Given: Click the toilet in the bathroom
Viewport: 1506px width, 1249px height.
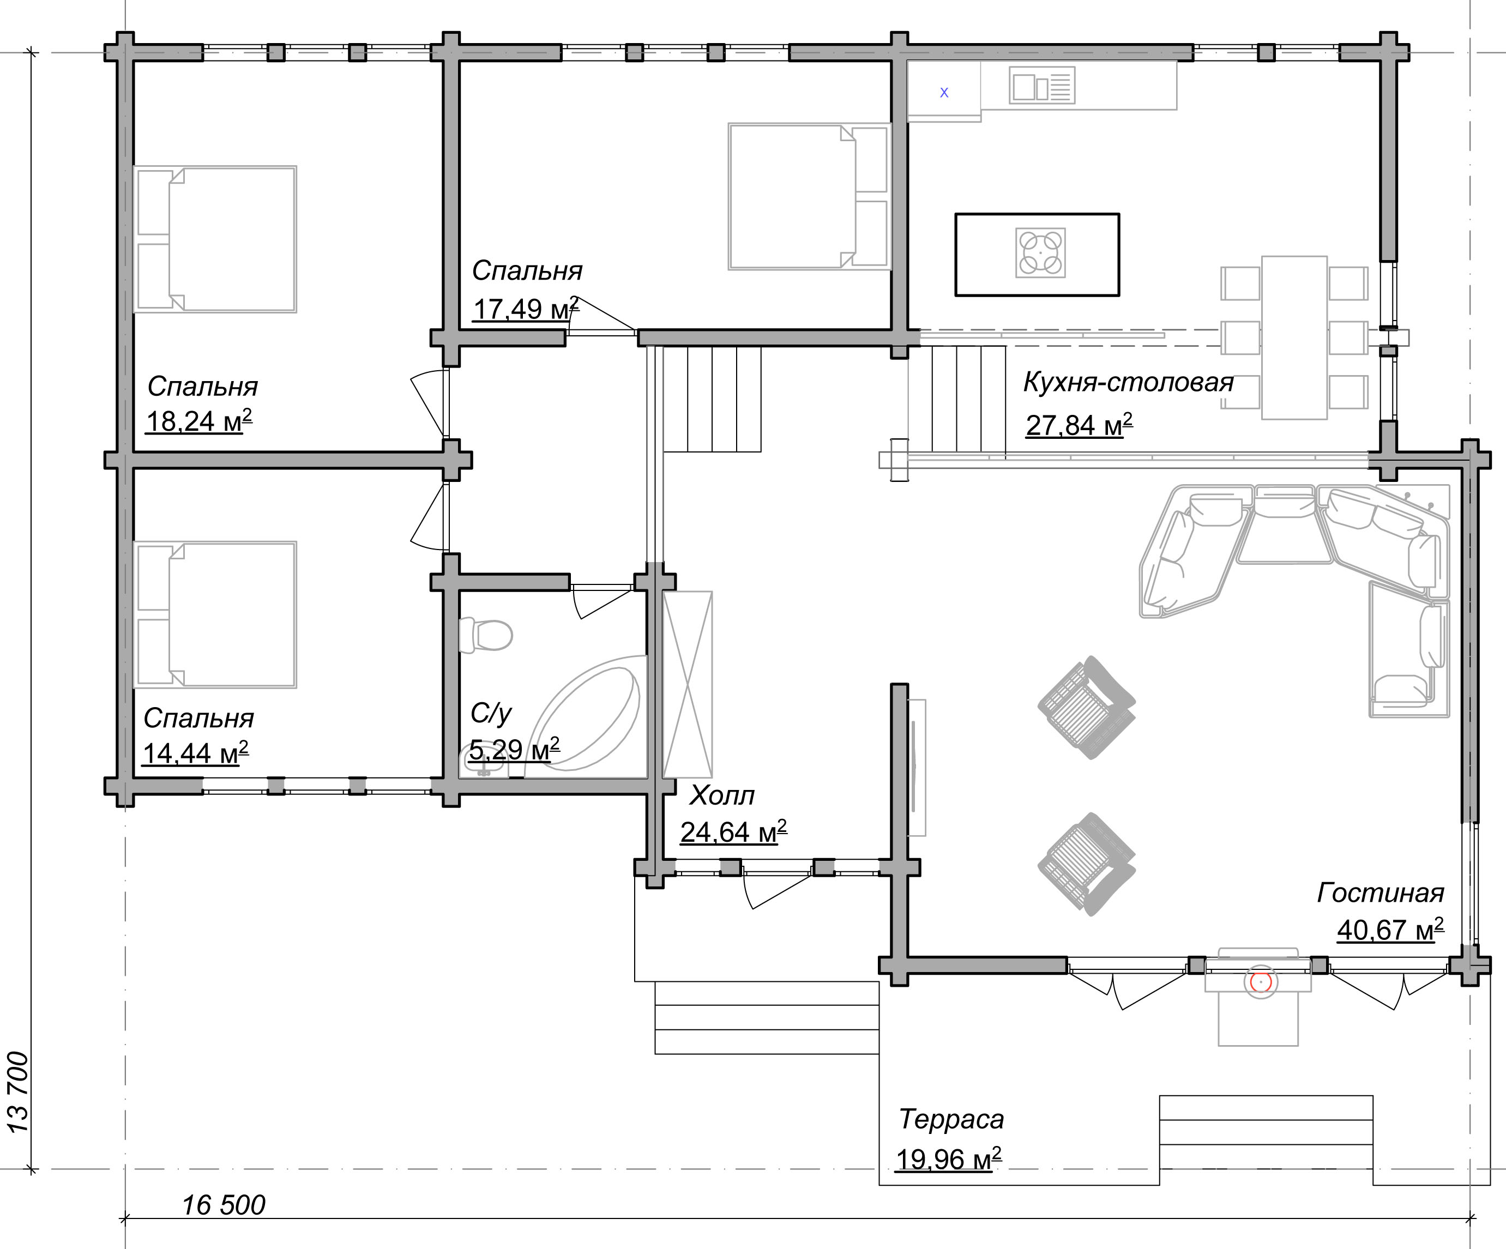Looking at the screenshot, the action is [x=485, y=635].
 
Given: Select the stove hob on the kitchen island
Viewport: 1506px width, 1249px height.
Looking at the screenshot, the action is [x=1040, y=253].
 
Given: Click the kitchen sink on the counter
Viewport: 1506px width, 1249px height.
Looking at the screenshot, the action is [x=1042, y=86].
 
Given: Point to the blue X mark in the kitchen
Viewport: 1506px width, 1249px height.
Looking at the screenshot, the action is [x=944, y=93].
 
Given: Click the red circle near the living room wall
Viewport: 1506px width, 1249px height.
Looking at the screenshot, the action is [x=1260, y=981].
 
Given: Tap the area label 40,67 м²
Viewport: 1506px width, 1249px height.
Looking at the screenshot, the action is [x=1390, y=930].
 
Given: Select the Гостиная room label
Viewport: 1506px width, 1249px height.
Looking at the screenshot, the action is [x=1380, y=892].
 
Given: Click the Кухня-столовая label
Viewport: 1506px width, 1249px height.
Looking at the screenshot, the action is [x=1128, y=382].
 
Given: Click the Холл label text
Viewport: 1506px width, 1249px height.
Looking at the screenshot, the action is [x=721, y=795].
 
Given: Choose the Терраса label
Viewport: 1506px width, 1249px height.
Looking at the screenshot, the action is [x=951, y=1119].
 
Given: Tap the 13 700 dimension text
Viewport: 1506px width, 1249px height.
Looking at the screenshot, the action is [x=18, y=1092].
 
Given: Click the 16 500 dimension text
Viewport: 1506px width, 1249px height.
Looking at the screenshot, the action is [x=223, y=1205].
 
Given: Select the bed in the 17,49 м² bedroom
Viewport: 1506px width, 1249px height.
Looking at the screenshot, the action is [x=809, y=196].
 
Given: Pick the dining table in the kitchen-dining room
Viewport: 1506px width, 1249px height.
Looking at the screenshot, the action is [x=1294, y=337].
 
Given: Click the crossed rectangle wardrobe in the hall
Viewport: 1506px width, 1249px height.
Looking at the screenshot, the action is [x=688, y=685].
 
